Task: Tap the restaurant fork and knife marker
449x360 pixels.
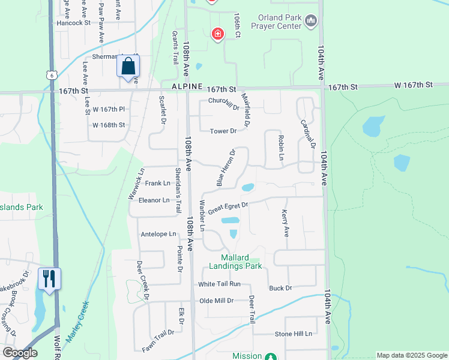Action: (x=49, y=278)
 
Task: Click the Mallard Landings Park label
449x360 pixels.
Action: (x=235, y=262)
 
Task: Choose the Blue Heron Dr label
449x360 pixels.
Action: (x=225, y=167)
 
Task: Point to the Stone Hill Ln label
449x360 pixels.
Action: (x=294, y=334)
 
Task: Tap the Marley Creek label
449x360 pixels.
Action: (x=77, y=322)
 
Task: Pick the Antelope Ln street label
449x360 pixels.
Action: (x=158, y=234)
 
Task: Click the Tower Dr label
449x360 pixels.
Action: (x=223, y=131)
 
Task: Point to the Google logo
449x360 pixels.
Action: (x=20, y=353)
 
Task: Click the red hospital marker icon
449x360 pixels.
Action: (x=217, y=34)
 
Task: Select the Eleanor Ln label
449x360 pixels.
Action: (x=154, y=200)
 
